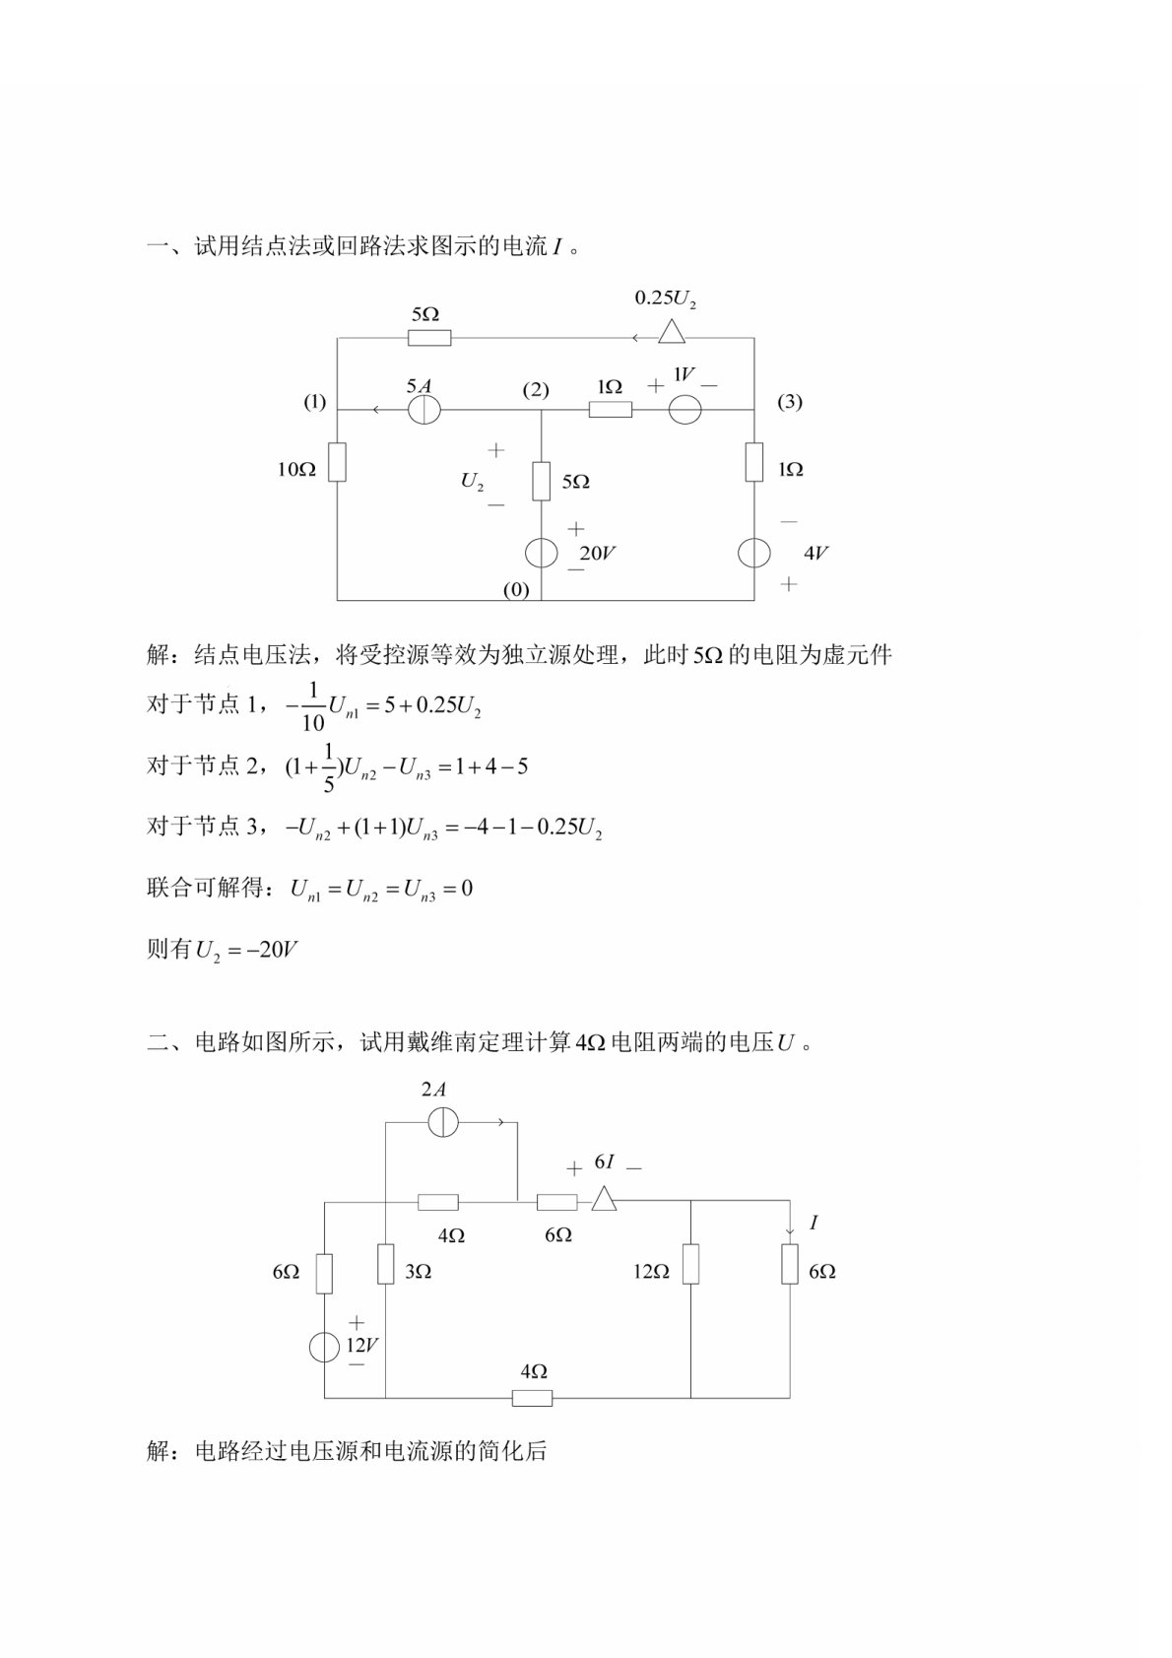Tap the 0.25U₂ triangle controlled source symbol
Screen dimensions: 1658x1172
click(x=672, y=332)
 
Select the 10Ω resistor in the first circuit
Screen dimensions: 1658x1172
click(x=337, y=461)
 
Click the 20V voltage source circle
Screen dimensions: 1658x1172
click(x=541, y=553)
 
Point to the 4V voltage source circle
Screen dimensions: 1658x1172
click(x=754, y=553)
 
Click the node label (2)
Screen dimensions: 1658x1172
click(x=536, y=390)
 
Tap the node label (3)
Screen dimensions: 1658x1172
click(x=790, y=401)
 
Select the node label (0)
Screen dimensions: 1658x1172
click(x=516, y=590)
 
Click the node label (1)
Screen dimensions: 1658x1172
click(x=314, y=401)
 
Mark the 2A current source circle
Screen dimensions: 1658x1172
click(x=443, y=1122)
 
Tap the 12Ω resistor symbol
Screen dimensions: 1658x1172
click(x=690, y=1264)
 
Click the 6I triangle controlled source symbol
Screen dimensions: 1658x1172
click(x=604, y=1199)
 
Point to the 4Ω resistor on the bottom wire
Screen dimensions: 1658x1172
click(x=533, y=1397)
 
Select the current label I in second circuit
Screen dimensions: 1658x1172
click(x=813, y=1223)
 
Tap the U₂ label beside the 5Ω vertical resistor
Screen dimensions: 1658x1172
click(x=472, y=482)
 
